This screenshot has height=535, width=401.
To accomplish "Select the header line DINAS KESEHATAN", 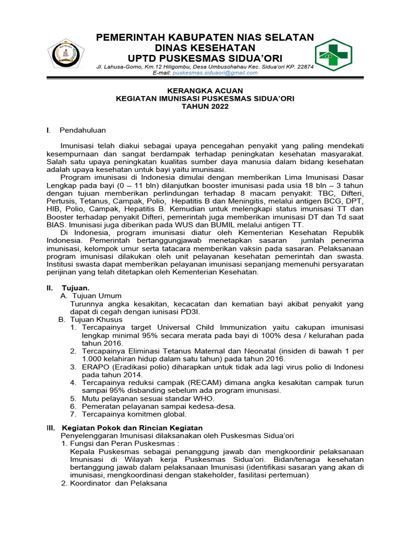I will tap(204, 47).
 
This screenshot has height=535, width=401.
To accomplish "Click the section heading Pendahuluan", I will tap(82, 130).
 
